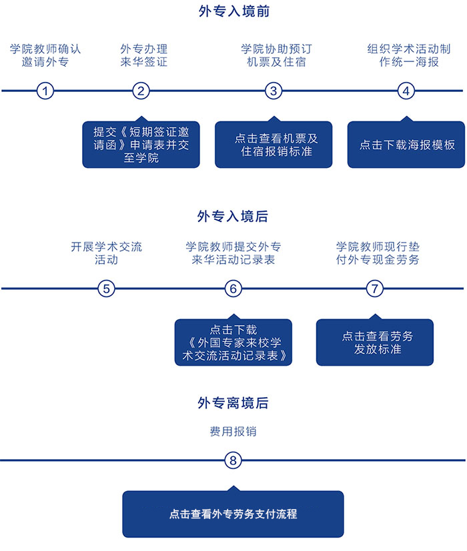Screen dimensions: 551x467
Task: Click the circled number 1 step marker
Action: pyautogui.click(x=45, y=91)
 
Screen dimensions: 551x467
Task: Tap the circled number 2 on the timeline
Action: pyautogui.click(x=140, y=91)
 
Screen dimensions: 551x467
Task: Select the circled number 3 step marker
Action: pyautogui.click(x=273, y=91)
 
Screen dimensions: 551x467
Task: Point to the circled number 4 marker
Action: pyautogui.click(x=406, y=91)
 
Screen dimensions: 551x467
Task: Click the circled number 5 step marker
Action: pyautogui.click(x=107, y=288)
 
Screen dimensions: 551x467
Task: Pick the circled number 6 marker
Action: pyautogui.click(x=233, y=288)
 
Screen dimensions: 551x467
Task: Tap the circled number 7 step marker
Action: pyautogui.click(x=376, y=288)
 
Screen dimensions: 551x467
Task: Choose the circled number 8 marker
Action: pyautogui.click(x=233, y=460)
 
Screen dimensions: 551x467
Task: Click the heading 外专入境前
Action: pyautogui.click(x=233, y=11)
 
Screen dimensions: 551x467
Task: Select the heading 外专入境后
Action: pyautogui.click(x=233, y=217)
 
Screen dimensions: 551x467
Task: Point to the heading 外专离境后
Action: pyautogui.click(x=233, y=403)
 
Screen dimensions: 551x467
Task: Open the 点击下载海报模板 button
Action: pyautogui.click(x=406, y=145)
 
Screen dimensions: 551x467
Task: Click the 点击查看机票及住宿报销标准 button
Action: pyautogui.click(x=273, y=145)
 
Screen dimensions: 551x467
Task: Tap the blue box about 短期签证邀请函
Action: pyautogui.click(x=141, y=145)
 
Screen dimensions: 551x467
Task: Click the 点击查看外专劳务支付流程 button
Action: pyautogui.click(x=233, y=514)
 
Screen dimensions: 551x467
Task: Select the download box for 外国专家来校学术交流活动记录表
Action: pyautogui.click(x=233, y=342)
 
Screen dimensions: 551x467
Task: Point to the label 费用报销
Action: pyautogui.click(x=233, y=431)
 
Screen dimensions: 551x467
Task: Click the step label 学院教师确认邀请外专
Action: pyautogui.click(x=45, y=55)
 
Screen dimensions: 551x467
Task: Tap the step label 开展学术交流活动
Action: pyautogui.click(x=107, y=253)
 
